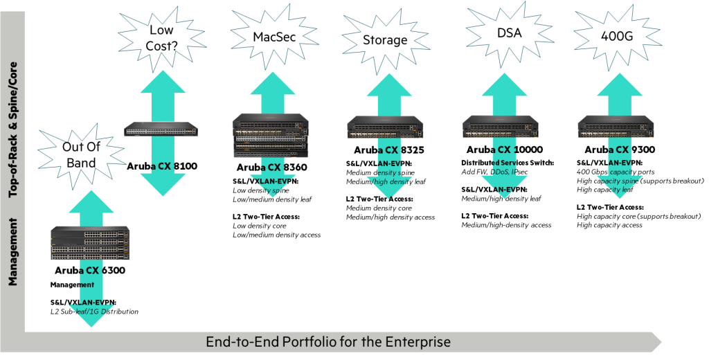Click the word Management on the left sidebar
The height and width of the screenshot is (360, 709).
point(12,251)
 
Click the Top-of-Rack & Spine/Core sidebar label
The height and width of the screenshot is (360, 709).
point(12,130)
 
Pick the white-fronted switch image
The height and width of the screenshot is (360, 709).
point(161,128)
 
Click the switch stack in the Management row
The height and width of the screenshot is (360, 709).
point(90,243)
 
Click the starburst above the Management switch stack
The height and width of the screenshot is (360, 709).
point(82,154)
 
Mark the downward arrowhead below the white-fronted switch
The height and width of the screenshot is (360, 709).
point(163,183)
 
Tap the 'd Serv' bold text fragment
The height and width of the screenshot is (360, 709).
point(505,163)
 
